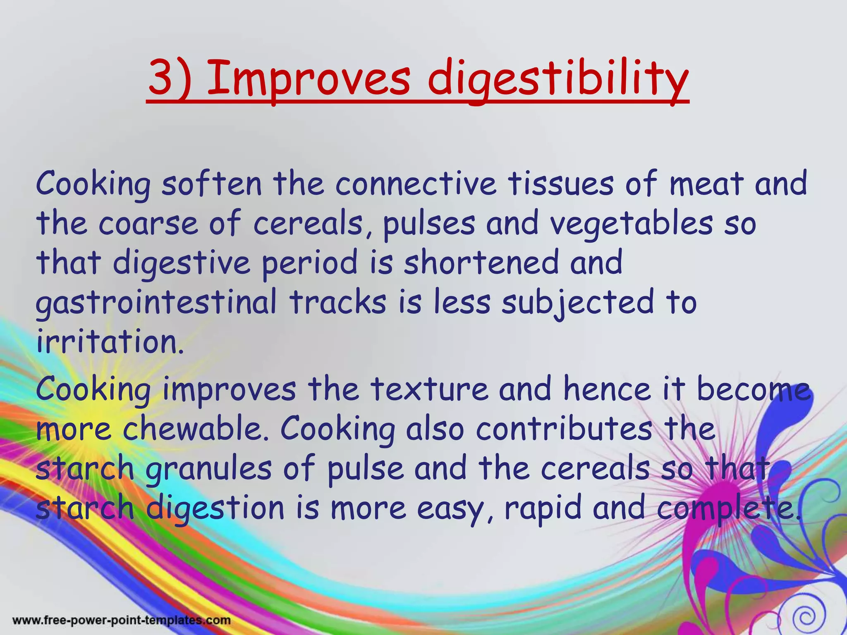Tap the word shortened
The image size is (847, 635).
[481, 263]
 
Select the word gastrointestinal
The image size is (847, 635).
[156, 303]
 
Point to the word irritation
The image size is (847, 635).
[110, 342]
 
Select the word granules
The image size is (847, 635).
[209, 469]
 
